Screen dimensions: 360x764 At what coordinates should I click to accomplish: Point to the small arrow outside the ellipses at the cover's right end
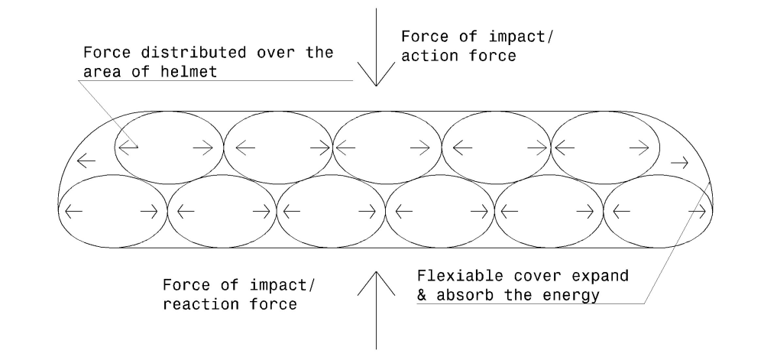click(x=678, y=161)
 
